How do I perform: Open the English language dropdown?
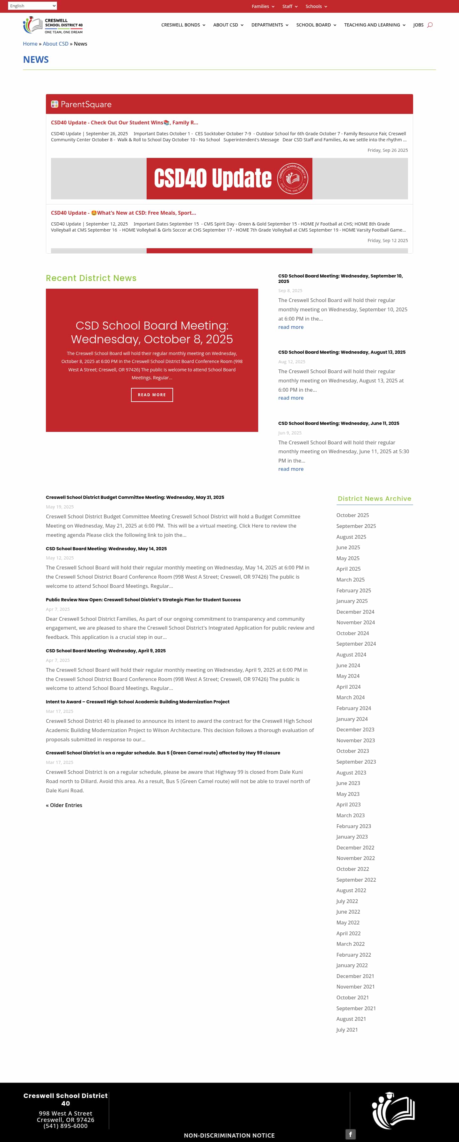click(32, 6)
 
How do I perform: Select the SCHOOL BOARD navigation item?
click(316, 25)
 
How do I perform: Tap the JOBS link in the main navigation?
click(418, 25)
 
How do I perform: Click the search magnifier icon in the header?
click(430, 25)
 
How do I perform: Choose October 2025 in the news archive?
click(352, 515)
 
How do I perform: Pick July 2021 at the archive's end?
click(347, 1029)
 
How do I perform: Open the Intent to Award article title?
click(137, 702)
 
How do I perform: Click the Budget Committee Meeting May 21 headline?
click(135, 497)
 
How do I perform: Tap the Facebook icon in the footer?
click(350, 1134)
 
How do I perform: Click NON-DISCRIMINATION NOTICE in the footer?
click(229, 1135)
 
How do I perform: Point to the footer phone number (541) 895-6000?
click(66, 1126)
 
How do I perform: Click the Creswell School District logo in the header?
click(53, 25)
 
